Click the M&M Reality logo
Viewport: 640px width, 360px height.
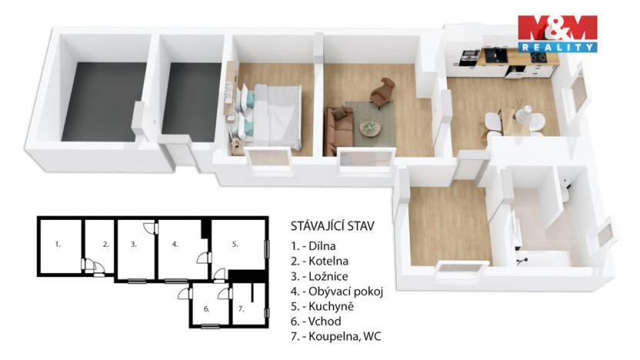tap(558, 33)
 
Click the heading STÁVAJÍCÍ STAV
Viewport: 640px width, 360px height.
tap(332, 226)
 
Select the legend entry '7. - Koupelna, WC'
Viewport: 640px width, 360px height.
tap(335, 336)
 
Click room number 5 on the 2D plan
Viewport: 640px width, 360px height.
tap(236, 244)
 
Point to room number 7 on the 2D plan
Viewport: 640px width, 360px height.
tap(241, 308)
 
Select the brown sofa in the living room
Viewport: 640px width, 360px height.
tap(338, 127)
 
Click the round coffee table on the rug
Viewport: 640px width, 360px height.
tap(370, 127)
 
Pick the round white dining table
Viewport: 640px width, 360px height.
tap(526, 119)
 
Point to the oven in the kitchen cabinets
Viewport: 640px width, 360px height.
tap(467, 57)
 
